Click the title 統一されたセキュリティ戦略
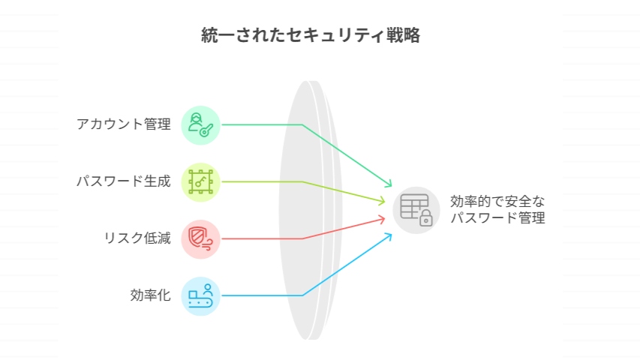(x=311, y=35)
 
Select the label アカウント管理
(x=124, y=124)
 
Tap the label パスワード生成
(x=124, y=181)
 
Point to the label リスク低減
(x=137, y=238)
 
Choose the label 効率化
(x=151, y=295)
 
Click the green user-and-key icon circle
(x=200, y=125)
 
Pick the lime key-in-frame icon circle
(x=200, y=182)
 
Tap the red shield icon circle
(x=200, y=239)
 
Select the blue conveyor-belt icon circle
(x=200, y=296)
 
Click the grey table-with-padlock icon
(x=416, y=210)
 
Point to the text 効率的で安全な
(x=497, y=202)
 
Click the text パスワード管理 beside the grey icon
(x=497, y=217)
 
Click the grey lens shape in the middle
(x=311, y=210)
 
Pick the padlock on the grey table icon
(x=425, y=218)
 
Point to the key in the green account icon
(x=206, y=130)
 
